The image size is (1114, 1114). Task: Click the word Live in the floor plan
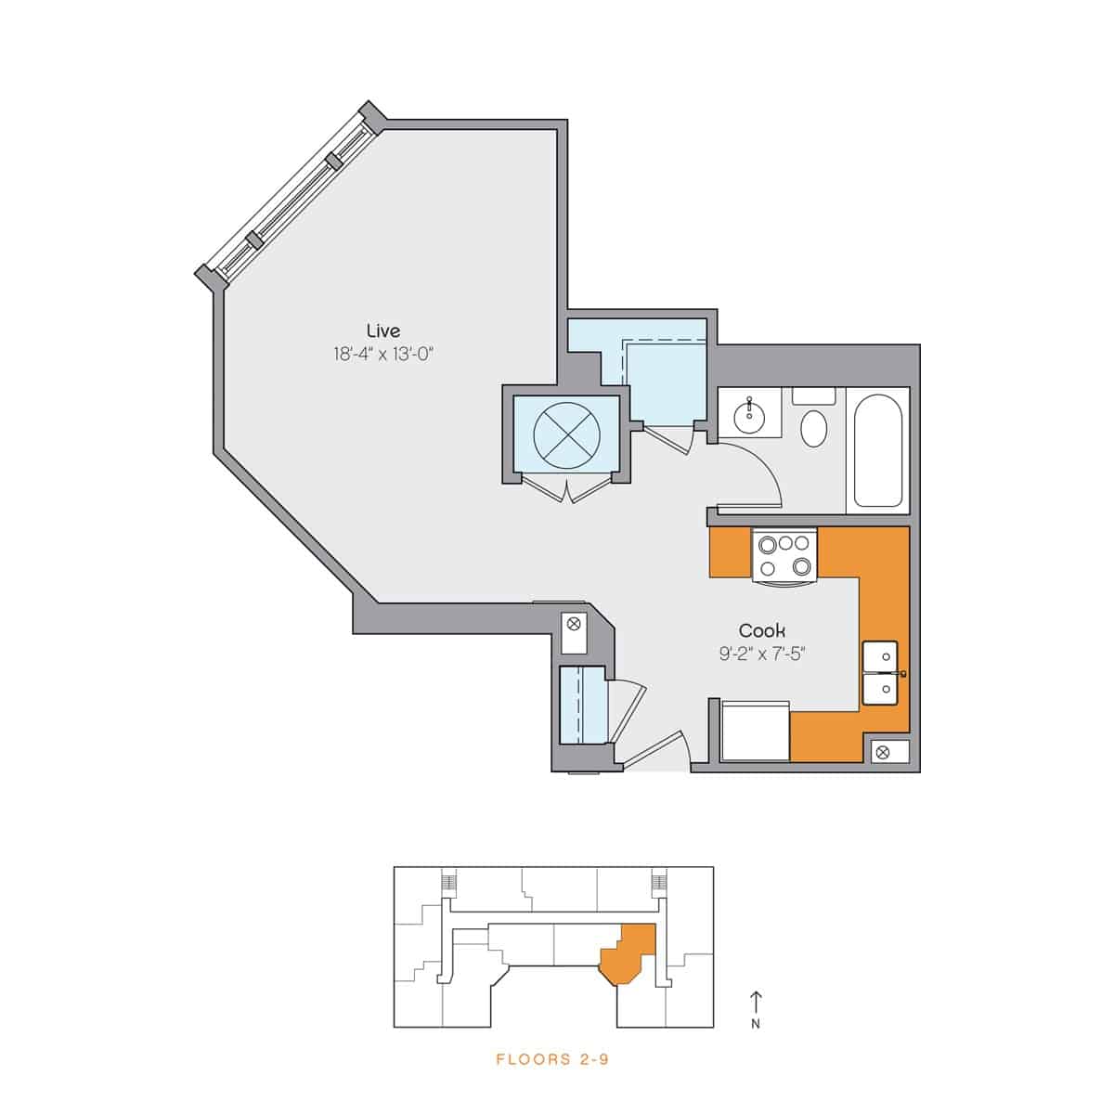(x=383, y=330)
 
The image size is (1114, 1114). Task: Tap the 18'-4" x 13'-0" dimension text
(x=384, y=354)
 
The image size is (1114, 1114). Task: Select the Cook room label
(x=762, y=631)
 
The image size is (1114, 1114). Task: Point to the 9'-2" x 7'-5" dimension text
(x=762, y=654)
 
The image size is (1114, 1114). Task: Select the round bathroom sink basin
(x=748, y=418)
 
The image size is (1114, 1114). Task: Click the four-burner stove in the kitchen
(x=784, y=555)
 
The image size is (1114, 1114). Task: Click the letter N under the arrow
(x=756, y=1025)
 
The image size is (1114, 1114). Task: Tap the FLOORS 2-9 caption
(x=552, y=1059)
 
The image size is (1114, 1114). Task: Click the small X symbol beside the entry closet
(x=573, y=623)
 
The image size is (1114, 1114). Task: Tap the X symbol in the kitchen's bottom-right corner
(x=882, y=753)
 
